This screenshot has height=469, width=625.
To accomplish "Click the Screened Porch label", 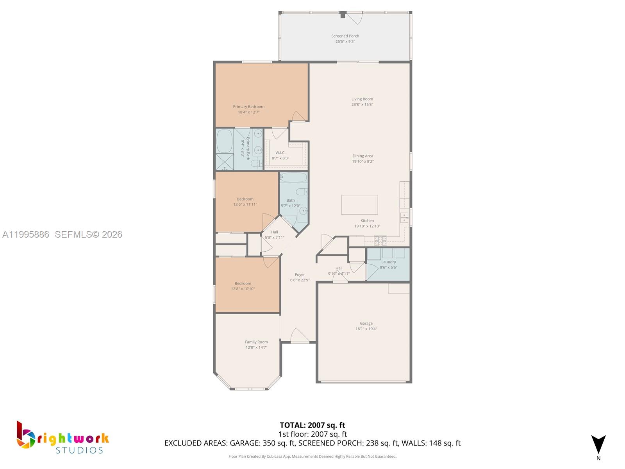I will [x=345, y=36].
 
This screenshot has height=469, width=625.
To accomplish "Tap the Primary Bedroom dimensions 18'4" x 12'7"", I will [x=249, y=112].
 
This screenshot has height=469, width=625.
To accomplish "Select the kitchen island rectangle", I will [x=359, y=205].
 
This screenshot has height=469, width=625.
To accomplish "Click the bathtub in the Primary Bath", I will [x=225, y=141].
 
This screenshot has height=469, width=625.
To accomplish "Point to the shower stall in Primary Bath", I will [x=225, y=162].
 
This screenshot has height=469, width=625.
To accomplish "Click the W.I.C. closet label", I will [x=280, y=153].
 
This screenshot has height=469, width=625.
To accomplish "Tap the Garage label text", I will [x=366, y=324].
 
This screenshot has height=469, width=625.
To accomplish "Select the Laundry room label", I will [x=388, y=262].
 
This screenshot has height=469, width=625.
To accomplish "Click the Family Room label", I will [x=256, y=342].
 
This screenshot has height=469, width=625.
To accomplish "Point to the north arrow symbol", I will [x=598, y=444].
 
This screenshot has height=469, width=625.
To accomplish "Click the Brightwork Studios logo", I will [x=62, y=438].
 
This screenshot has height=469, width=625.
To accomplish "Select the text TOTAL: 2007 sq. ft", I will [x=312, y=425].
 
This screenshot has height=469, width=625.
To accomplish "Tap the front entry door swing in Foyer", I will [x=300, y=335].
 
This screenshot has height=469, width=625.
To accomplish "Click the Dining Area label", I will [x=362, y=156].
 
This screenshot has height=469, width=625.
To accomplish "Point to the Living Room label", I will [x=362, y=99].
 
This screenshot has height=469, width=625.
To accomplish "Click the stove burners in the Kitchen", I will [x=380, y=240].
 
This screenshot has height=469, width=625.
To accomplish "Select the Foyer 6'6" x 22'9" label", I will [x=300, y=277].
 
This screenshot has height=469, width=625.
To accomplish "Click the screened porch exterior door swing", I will [x=355, y=18].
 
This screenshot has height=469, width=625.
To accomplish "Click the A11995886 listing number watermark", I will [x=26, y=234].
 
